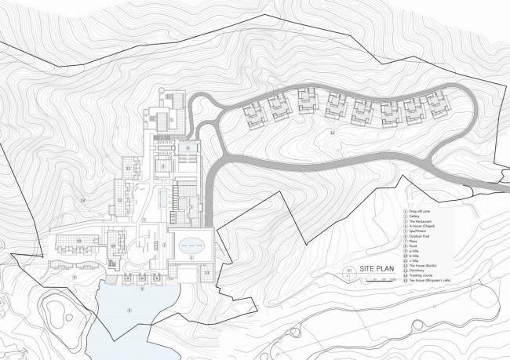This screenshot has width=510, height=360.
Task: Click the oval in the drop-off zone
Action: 191,245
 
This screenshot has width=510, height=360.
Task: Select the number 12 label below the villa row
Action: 333,133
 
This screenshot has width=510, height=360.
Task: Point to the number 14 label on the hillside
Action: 83,202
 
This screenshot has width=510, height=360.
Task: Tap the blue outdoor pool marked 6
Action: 188,147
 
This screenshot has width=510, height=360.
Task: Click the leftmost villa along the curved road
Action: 255,115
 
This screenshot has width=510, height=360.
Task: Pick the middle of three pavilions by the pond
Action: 142,278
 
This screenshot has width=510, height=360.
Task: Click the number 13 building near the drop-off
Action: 206,272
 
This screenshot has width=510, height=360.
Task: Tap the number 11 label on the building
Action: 127,169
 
